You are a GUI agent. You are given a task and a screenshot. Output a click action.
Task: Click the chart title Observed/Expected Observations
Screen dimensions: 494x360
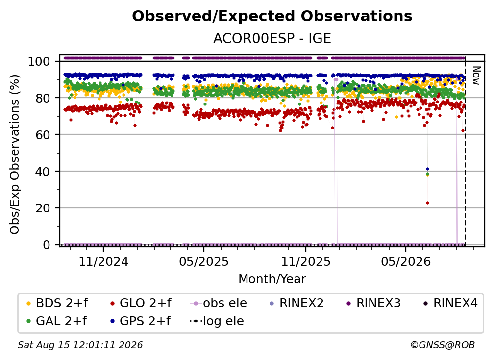click(x=272, y=16)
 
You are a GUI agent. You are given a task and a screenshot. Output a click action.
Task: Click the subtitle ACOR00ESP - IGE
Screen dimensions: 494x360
click(x=272, y=38)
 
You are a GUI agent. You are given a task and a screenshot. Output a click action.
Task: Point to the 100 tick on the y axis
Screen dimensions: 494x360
click(x=39, y=61)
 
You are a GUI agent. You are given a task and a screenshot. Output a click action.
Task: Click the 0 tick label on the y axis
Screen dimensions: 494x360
click(x=46, y=245)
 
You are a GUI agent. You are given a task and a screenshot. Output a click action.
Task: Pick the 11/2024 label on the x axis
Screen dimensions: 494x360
click(x=103, y=261)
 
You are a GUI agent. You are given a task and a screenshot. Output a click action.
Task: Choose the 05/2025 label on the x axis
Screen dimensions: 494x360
click(x=204, y=261)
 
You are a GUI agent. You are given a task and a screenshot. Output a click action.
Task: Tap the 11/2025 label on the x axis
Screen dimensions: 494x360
click(x=306, y=261)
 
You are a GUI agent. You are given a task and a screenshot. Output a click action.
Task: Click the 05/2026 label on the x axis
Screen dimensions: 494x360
click(x=406, y=261)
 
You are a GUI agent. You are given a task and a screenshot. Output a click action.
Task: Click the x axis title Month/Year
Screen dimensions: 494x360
click(x=272, y=279)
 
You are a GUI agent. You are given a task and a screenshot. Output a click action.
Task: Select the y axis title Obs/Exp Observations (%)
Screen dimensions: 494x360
click(x=15, y=154)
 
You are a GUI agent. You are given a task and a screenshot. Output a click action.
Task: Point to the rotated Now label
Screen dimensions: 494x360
click(x=476, y=76)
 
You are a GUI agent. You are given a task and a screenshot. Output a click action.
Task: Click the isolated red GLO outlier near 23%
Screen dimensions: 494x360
click(x=427, y=203)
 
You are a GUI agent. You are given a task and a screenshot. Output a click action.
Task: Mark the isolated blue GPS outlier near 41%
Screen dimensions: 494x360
click(x=427, y=169)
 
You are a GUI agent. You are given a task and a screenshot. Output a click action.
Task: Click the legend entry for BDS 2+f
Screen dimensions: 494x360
click(x=57, y=303)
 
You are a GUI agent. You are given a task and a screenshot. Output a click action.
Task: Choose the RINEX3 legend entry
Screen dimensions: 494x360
click(x=373, y=303)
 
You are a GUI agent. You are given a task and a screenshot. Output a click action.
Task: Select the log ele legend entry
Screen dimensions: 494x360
click(x=217, y=321)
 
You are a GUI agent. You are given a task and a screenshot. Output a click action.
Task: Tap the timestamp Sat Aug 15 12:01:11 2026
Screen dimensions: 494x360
click(x=80, y=345)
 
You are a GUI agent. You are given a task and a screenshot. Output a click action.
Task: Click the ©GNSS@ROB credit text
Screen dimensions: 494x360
click(x=443, y=345)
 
